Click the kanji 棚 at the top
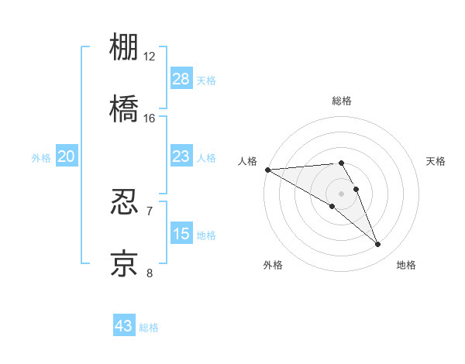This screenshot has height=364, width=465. pos(125,49)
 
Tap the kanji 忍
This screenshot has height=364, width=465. pos(125,202)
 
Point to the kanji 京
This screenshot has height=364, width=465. pos(125,263)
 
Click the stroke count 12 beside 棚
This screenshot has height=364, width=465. pos(150,57)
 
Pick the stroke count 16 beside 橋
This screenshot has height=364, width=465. pos(150,118)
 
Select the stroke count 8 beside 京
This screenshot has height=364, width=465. pos(150,273)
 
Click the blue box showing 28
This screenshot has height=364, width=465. pos(181,79)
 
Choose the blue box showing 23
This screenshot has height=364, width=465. pos(181,157)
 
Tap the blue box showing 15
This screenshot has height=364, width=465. pos(181,234)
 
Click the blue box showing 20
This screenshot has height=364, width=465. pos(67,157)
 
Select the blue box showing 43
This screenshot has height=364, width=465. pos(124,326)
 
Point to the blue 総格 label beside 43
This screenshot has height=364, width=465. pos(149,328)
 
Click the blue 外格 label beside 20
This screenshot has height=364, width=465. pos(41,158)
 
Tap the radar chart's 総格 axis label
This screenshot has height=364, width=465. pos(342,101)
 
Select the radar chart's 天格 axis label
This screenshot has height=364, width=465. pos(436,161)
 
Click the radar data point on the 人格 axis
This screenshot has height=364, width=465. pos(267,170)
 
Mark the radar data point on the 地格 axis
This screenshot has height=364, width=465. pos(378,245)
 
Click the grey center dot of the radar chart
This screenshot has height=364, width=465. pos(342,194)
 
